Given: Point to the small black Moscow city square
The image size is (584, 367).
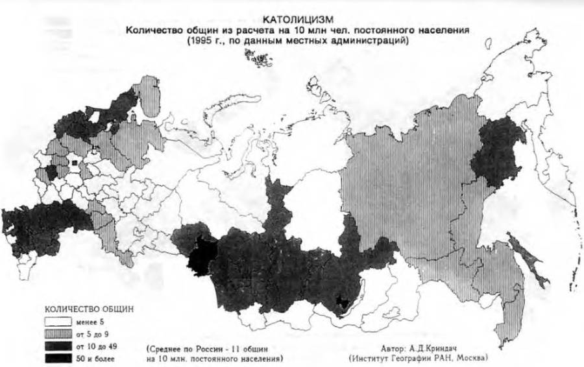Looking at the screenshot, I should (75, 162).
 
